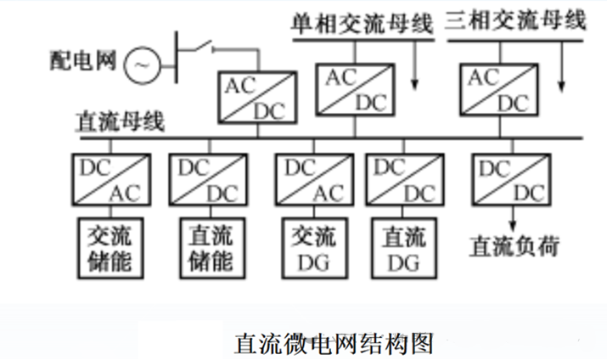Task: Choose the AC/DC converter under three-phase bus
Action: pyautogui.click(x=497, y=88)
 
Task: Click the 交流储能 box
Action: pyautogui.click(x=110, y=247)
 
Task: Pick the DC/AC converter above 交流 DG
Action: pyautogui.click(x=312, y=180)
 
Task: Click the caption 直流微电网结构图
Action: pyautogui.click(x=334, y=343)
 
